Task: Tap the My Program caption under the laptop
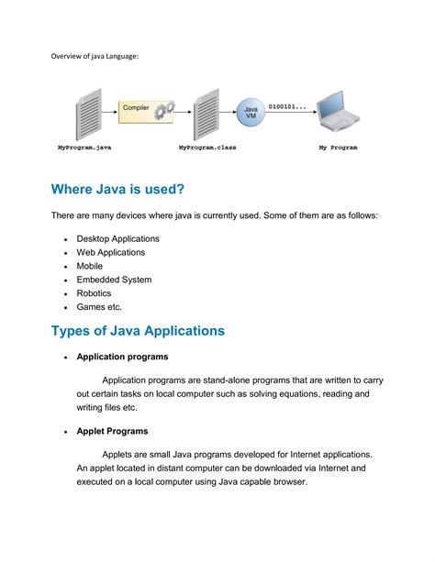click(x=338, y=147)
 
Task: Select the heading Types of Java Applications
click(x=138, y=330)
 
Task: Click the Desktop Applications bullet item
click(x=117, y=238)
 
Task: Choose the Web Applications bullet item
click(x=110, y=252)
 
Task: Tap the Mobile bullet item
click(x=90, y=266)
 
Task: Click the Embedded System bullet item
click(x=114, y=280)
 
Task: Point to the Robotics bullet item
click(x=95, y=293)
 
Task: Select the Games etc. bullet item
click(x=99, y=307)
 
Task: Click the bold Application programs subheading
click(x=122, y=357)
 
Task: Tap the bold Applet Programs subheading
click(x=112, y=430)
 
